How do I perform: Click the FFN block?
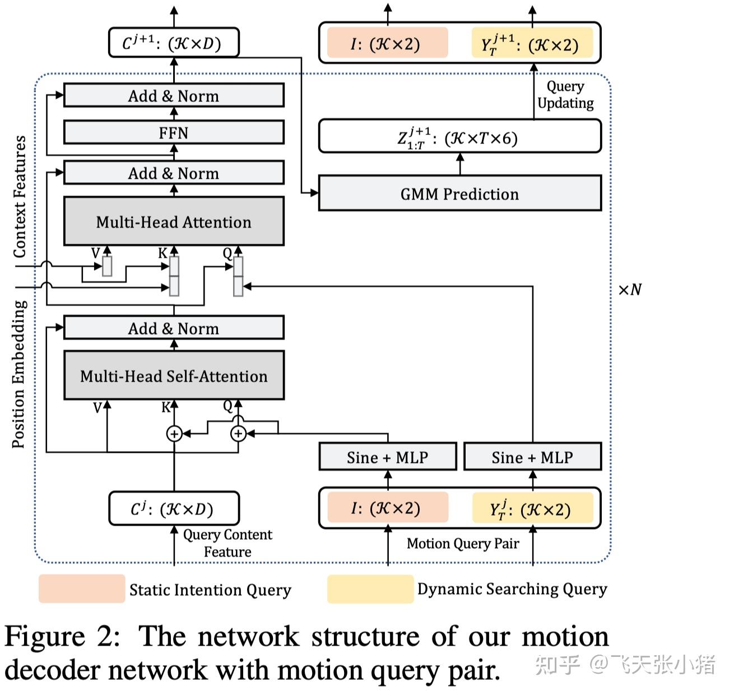[x=174, y=133]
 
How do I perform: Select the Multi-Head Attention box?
[x=174, y=221]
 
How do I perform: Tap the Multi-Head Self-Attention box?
[x=174, y=376]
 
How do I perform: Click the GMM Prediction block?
[x=459, y=193]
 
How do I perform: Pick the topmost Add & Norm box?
[x=174, y=96]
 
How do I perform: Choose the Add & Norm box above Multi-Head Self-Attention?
[x=174, y=328]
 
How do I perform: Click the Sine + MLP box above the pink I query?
[x=388, y=457]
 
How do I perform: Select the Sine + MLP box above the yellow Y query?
[x=532, y=457]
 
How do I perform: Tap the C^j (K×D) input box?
[x=174, y=509]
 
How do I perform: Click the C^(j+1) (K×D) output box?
[x=174, y=43]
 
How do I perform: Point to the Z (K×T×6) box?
[x=459, y=137]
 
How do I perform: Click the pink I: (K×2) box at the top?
[x=388, y=43]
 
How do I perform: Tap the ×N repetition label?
[x=630, y=290]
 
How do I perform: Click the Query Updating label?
[x=565, y=95]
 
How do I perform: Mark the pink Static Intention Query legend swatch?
[x=82, y=589]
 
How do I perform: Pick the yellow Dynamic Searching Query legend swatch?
[x=370, y=589]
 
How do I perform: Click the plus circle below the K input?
[x=174, y=433]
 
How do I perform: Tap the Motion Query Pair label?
[x=463, y=544]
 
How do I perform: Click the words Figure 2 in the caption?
[x=62, y=637]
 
